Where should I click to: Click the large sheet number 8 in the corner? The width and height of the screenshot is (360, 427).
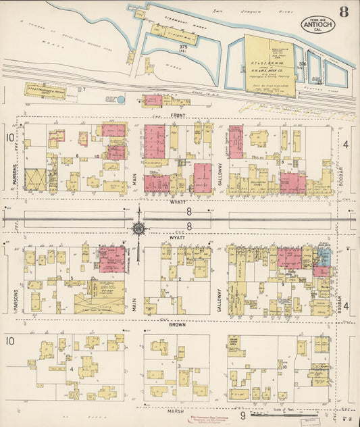(x=344, y=11)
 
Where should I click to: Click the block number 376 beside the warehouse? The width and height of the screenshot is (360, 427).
(x=302, y=64)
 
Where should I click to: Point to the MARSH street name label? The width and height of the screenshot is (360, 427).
(x=178, y=408)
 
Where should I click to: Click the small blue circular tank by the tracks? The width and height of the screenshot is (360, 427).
(x=121, y=99)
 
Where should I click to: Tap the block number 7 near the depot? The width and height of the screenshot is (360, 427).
(x=83, y=89)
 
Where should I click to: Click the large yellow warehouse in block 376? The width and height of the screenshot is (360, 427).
(x=269, y=66)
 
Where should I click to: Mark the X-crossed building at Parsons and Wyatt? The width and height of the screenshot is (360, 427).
(x=34, y=180)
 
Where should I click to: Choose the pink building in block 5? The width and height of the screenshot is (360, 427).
(x=112, y=260)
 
